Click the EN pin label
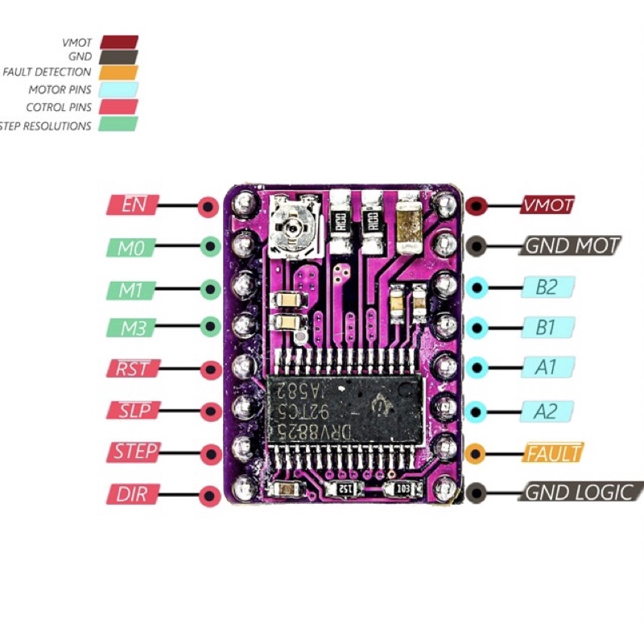132,204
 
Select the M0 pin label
130,247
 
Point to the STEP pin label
133,452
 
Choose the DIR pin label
131,493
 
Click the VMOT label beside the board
547,204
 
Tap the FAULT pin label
552,452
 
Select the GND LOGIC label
580,492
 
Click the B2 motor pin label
547,287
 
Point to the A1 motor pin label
547,368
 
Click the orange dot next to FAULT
477,452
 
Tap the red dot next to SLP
210,411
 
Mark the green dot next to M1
210,287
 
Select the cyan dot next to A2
477,410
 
